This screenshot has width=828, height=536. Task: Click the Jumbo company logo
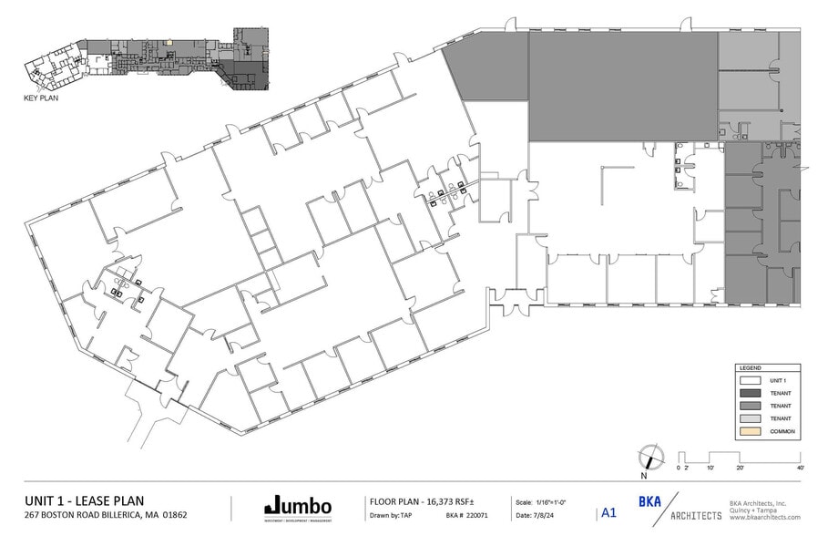pos(297,506)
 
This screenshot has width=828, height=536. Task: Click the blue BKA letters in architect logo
pos(649,502)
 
